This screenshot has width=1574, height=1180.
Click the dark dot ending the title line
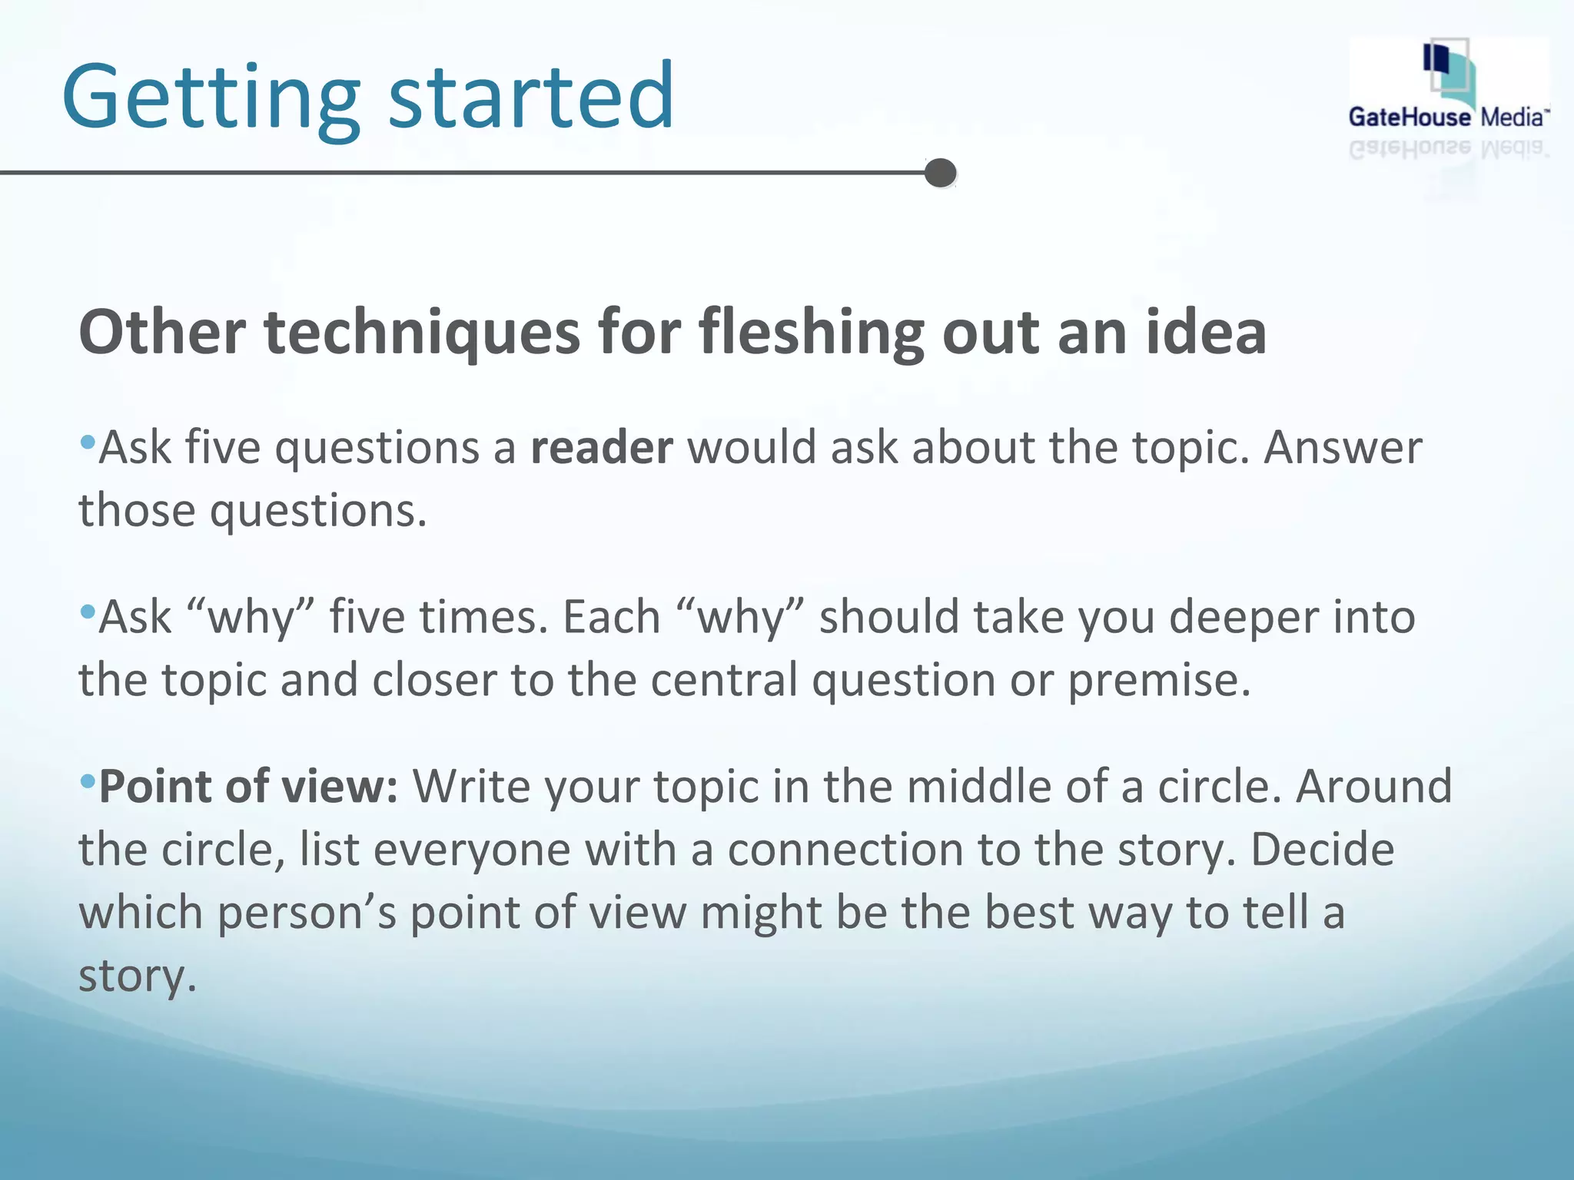click(940, 173)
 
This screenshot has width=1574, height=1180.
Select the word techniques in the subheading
click(422, 333)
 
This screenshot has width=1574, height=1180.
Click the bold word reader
click(601, 448)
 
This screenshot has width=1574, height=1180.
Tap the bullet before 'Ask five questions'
click(87, 442)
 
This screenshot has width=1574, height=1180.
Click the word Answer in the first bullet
click(1343, 448)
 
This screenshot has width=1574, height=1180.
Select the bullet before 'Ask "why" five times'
click(87, 612)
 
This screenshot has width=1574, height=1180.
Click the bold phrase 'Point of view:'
click(248, 787)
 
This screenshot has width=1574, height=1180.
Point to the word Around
click(1373, 787)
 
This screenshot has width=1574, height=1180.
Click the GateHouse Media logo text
click(1448, 118)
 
